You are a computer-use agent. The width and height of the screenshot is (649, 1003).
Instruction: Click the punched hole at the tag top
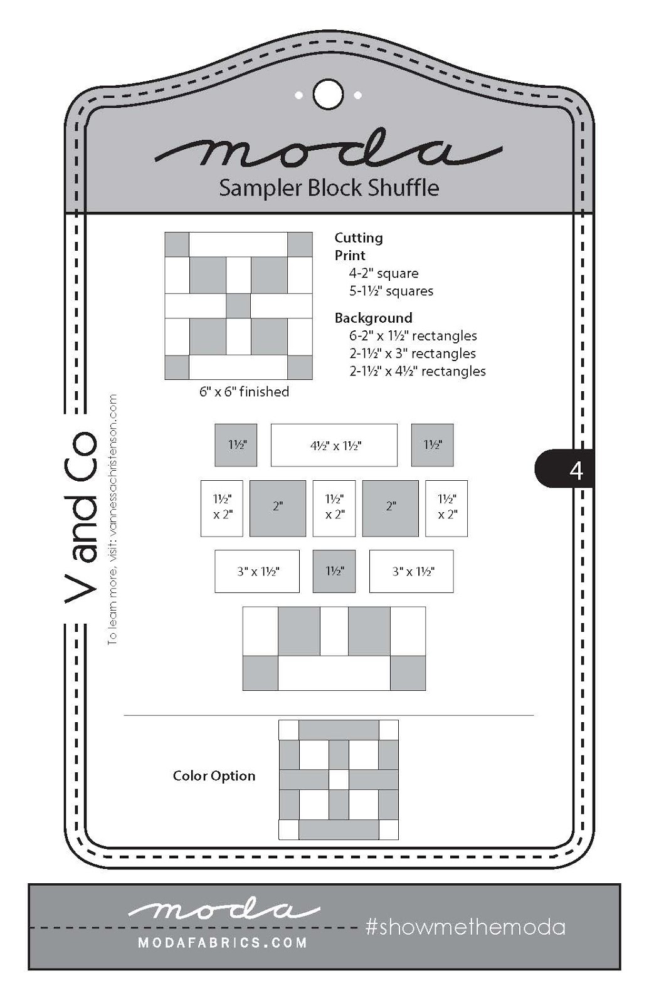328,95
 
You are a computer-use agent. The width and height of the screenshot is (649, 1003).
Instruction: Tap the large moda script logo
328,152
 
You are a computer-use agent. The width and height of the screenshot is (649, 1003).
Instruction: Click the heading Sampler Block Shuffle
329,187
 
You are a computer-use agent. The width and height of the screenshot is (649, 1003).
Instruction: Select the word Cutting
358,238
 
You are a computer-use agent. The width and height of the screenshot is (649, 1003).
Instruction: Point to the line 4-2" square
383,273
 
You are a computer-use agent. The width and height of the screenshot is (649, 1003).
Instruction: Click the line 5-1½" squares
391,291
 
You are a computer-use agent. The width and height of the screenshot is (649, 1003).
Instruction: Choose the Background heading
373,318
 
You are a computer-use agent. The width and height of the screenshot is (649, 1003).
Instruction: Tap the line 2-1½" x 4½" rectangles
417,371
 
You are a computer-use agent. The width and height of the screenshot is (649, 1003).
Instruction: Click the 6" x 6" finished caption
244,392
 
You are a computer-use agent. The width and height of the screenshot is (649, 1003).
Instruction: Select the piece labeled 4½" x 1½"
334,446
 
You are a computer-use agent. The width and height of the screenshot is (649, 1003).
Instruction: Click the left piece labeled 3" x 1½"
257,571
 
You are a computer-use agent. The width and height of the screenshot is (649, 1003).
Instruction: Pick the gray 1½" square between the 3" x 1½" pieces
334,571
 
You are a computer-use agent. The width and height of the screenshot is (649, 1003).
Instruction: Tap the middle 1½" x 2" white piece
334,508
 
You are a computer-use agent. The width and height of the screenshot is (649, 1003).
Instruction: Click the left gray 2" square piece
278,508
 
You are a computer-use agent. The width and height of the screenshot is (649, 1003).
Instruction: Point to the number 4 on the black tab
576,470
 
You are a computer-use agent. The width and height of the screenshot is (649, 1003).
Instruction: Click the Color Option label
214,776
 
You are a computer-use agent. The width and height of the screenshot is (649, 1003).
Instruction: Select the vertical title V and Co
82,517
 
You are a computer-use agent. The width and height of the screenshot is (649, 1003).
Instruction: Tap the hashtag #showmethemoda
465,927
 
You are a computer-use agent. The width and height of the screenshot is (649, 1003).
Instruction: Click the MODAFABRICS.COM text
223,943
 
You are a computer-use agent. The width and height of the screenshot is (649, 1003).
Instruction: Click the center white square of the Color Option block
339,780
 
